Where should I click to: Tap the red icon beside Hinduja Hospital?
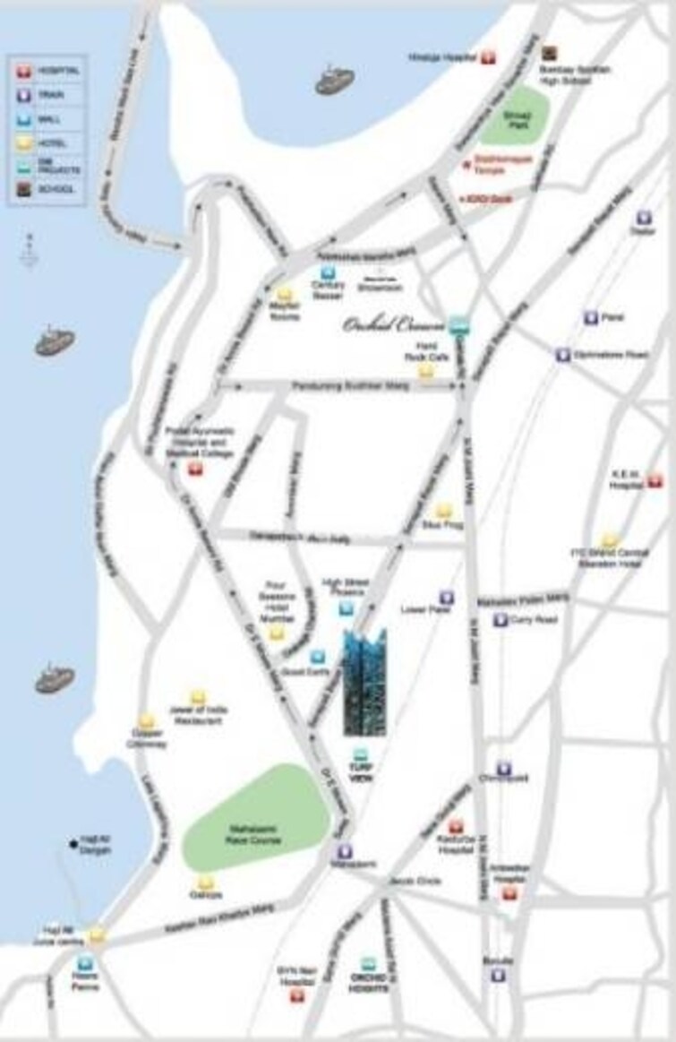[x=487, y=57]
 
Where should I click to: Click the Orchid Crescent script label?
[x=391, y=325]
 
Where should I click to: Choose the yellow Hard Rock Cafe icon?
[x=426, y=370]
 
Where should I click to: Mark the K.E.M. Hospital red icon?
[x=655, y=481]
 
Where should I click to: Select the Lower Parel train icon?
[x=446, y=597]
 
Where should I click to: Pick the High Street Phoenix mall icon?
[x=347, y=609]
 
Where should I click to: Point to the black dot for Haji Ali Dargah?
[x=73, y=843]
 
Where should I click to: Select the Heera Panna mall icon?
[x=85, y=964]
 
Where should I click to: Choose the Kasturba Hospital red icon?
[x=456, y=827]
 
